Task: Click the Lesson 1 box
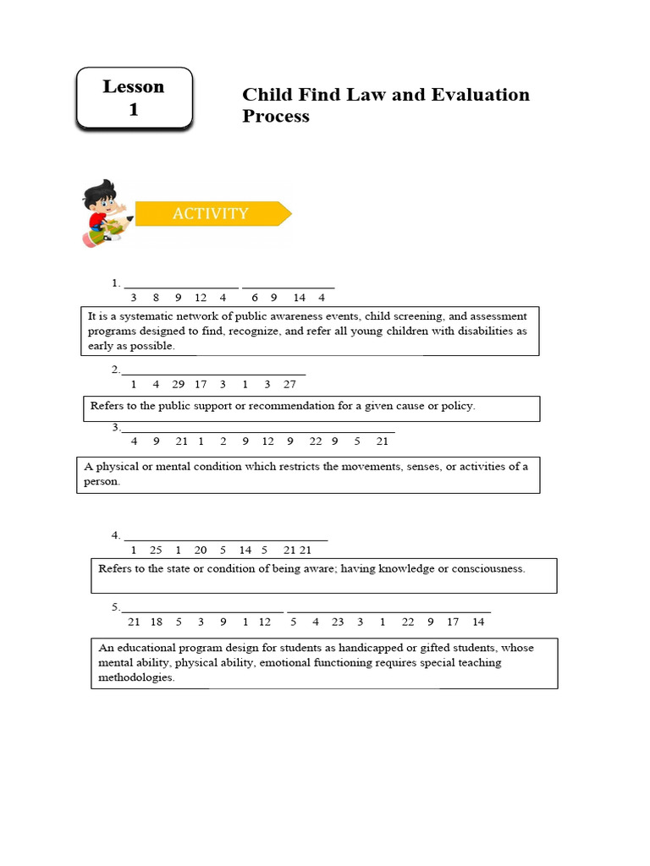(x=134, y=98)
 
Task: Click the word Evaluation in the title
(x=479, y=94)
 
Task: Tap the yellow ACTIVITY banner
(x=211, y=214)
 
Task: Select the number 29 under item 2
(x=178, y=384)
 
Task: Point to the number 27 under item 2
(x=290, y=384)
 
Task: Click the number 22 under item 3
(x=315, y=441)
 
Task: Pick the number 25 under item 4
(x=156, y=550)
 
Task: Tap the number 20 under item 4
(x=201, y=550)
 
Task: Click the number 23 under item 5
(x=338, y=622)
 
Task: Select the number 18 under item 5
(x=157, y=622)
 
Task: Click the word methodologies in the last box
(x=136, y=677)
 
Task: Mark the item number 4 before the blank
(x=115, y=535)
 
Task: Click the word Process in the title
(x=276, y=116)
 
